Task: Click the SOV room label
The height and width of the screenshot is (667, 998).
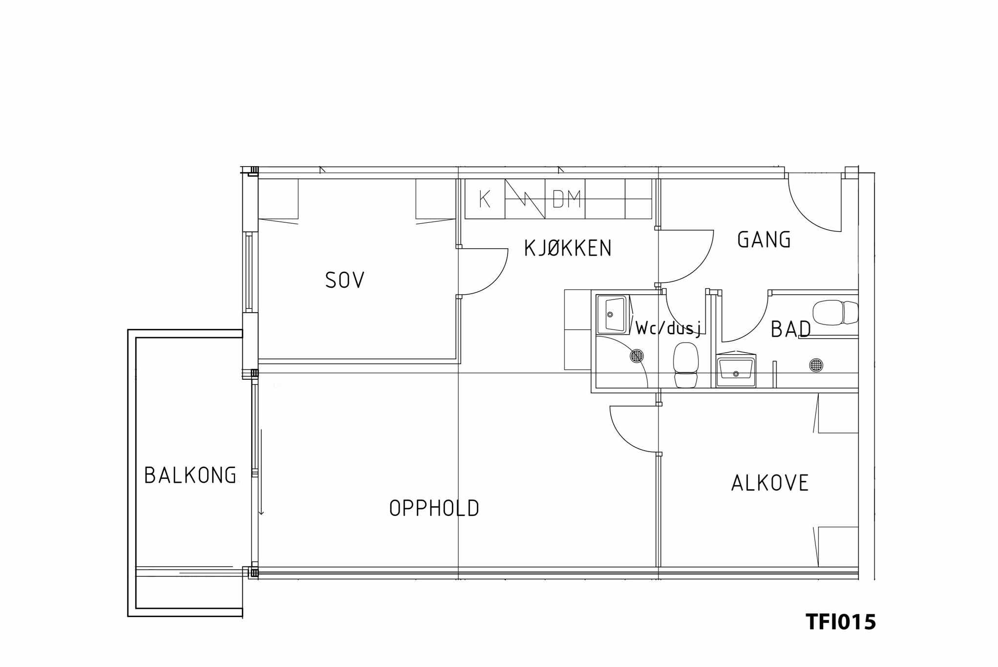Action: tap(345, 280)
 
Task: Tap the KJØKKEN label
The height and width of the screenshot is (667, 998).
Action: tap(568, 248)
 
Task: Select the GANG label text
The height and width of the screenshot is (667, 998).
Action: tap(764, 239)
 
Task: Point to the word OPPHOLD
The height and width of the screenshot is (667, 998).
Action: tap(434, 508)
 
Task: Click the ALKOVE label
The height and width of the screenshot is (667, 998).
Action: tap(770, 483)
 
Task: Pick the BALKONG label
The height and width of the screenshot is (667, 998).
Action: tap(191, 475)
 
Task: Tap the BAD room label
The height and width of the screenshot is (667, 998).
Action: tap(791, 329)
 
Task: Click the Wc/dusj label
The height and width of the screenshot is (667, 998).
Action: tap(669, 328)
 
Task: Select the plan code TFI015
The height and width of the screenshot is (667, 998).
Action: tap(841, 622)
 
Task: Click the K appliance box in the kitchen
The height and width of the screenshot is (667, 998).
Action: tap(485, 199)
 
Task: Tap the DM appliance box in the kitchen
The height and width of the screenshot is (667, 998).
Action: tap(565, 199)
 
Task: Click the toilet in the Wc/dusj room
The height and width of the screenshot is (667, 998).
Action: tap(686, 365)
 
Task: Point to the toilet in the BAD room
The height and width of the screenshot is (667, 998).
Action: tap(835, 312)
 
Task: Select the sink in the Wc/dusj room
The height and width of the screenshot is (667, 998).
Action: tap(612, 314)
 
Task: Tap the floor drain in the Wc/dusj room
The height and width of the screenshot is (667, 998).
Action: tap(637, 356)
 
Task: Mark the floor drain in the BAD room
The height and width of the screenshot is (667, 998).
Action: tap(816, 365)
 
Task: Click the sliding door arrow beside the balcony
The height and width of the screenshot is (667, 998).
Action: tap(261, 472)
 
